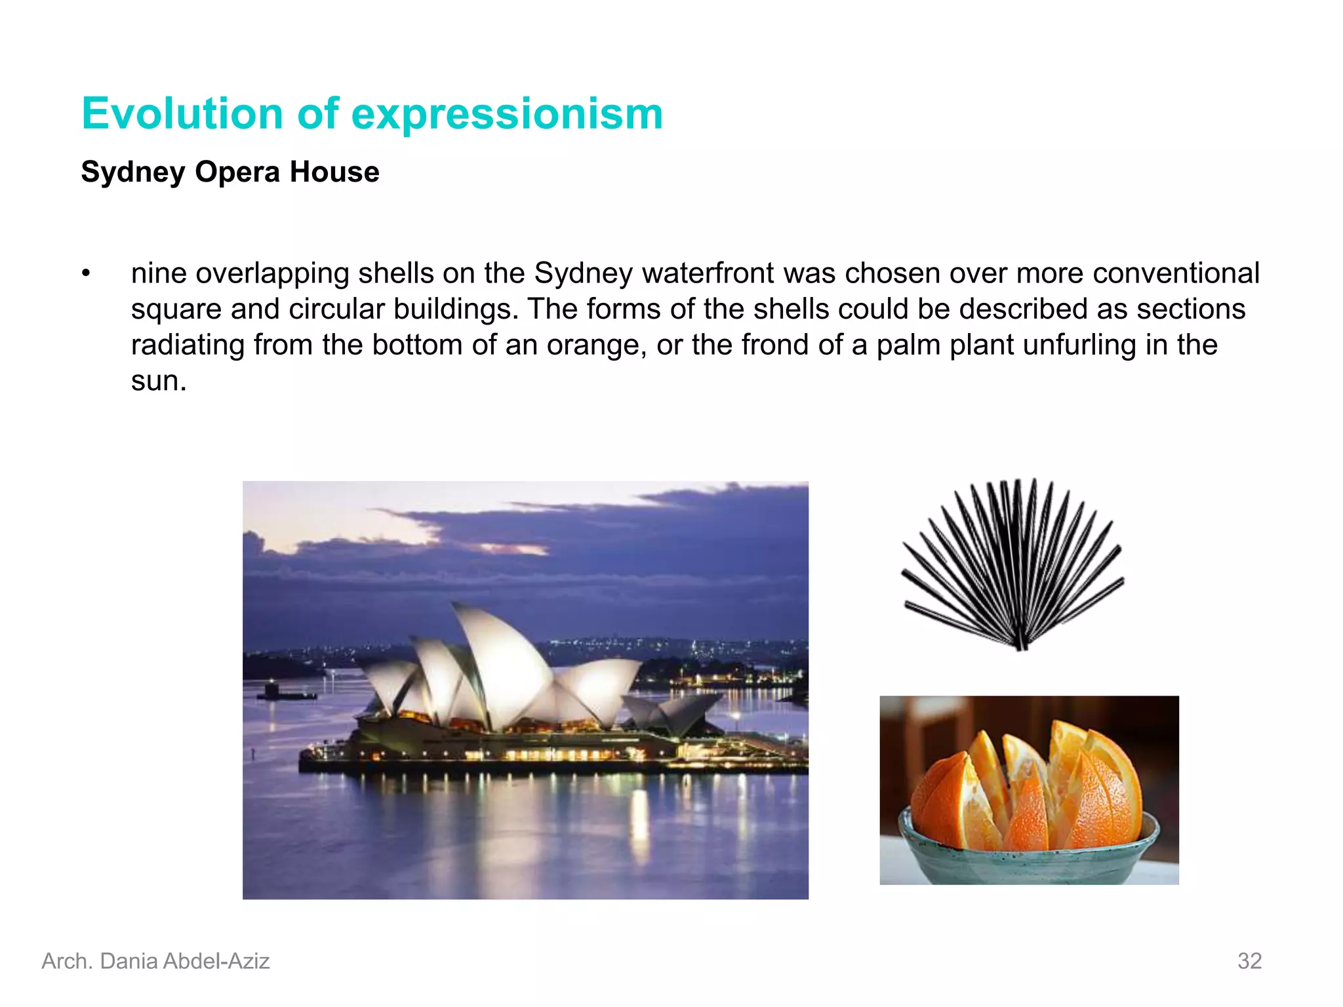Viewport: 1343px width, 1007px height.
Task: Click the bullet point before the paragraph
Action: pyautogui.click(x=86, y=273)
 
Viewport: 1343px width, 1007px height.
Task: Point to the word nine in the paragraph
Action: pyautogui.click(x=158, y=273)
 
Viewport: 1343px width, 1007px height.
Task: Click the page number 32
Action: pyautogui.click(x=1249, y=961)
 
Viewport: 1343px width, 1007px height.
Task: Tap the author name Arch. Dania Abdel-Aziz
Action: pyautogui.click(x=155, y=961)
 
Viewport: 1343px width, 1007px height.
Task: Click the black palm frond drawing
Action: pyautogui.click(x=1013, y=564)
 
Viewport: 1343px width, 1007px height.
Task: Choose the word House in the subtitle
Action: pyautogui.click(x=334, y=172)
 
